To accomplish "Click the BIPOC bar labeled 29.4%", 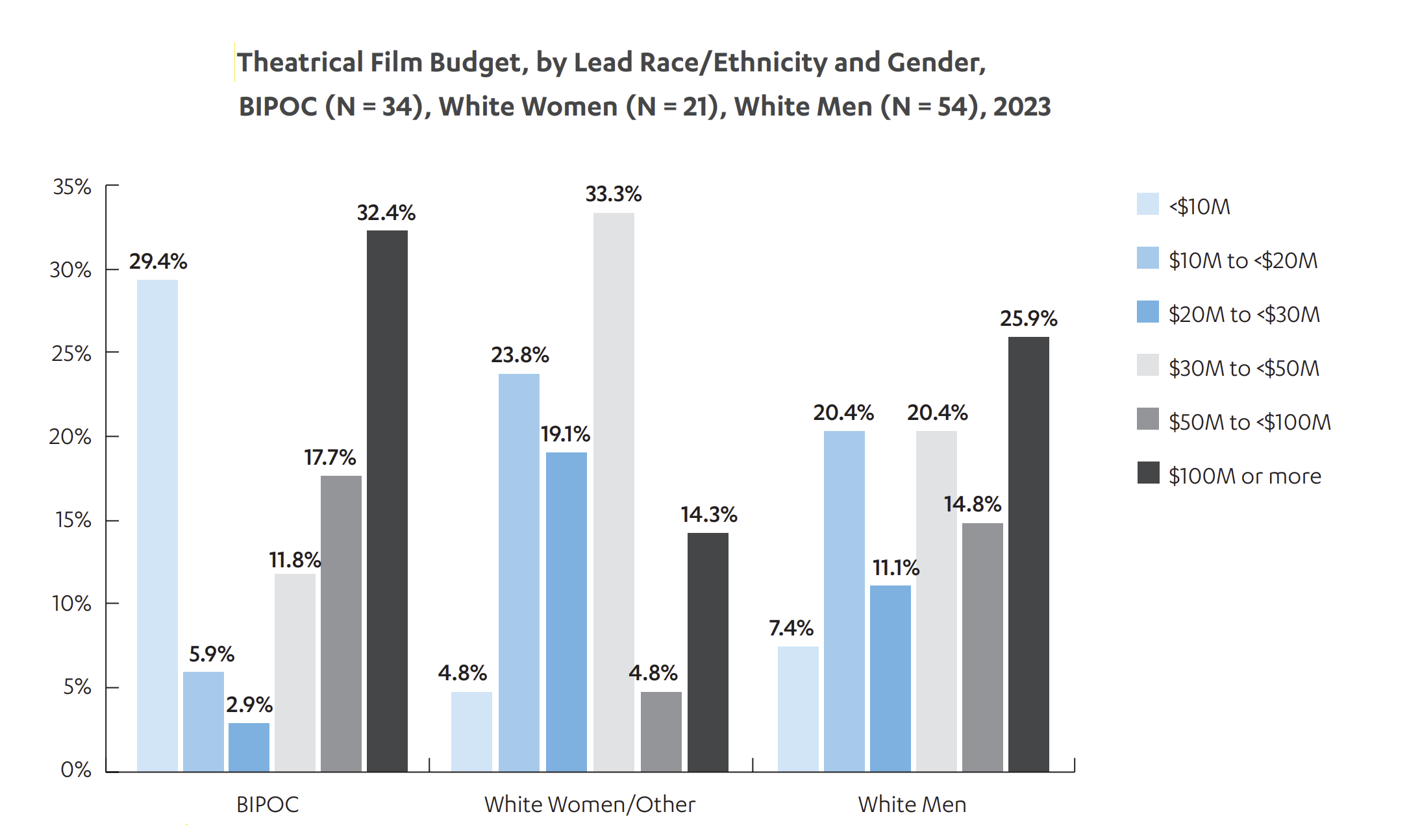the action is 157,526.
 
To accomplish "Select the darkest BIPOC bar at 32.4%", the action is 387,501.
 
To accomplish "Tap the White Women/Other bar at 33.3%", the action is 614,492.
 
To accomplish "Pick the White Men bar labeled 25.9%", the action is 1028,554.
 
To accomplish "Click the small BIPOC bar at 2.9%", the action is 249,747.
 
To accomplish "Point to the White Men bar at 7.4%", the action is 798,709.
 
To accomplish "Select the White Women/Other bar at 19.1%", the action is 566,612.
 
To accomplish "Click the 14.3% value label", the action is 709,515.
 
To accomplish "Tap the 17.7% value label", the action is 330,458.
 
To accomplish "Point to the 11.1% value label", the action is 896,568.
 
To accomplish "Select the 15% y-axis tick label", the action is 73,520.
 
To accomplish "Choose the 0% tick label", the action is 76,770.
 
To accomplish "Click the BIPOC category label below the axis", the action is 268,805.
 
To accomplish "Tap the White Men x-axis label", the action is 912,805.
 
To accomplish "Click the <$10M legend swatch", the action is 1148,204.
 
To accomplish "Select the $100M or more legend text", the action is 1245,476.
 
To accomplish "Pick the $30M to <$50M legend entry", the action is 1228,367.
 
